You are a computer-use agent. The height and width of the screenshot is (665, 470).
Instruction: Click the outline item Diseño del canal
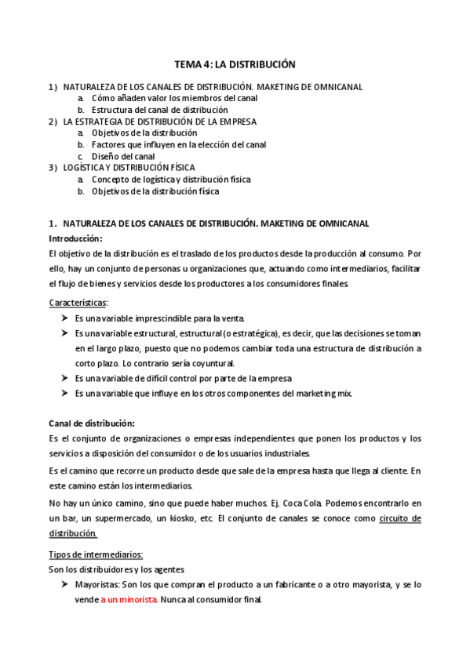[x=123, y=156]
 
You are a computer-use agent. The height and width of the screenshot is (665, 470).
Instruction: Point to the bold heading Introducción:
[x=75, y=238]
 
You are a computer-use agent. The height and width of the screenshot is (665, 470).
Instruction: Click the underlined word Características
[x=78, y=302]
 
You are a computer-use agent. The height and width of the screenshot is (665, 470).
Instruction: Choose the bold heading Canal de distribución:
[x=92, y=423]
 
